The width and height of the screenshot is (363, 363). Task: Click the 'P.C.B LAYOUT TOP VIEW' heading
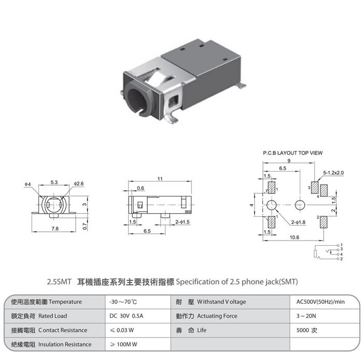point(292,153)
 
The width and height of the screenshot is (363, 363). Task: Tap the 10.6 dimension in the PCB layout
point(295,238)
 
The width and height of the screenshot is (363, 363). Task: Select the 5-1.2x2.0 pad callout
point(333,173)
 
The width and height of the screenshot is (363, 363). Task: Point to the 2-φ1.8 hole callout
point(298,222)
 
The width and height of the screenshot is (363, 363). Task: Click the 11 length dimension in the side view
point(160,179)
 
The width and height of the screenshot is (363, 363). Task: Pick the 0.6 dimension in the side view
point(141,188)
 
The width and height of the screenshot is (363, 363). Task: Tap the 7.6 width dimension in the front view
point(55,229)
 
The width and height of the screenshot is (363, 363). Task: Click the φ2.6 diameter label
point(79,184)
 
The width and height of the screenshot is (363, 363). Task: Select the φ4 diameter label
point(27,184)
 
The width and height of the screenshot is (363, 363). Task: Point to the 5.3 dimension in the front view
point(54,183)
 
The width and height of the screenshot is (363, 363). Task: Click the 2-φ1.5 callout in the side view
point(183,222)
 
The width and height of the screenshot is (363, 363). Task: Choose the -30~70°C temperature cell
point(123,302)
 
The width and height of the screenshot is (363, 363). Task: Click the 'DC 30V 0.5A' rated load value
point(127,316)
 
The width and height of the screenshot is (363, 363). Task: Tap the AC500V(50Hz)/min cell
point(320,302)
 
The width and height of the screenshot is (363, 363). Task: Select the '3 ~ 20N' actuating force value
point(306,316)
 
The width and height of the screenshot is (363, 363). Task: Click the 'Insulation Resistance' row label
point(65,344)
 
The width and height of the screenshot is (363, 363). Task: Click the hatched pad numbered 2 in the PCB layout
point(324,222)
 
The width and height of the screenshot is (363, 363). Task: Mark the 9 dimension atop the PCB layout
point(289,161)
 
